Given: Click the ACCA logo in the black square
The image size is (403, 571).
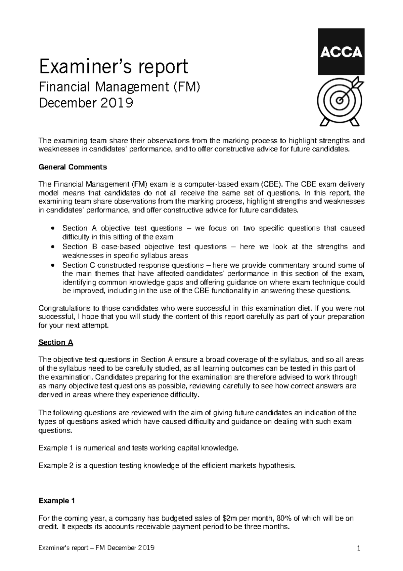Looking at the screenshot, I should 341,52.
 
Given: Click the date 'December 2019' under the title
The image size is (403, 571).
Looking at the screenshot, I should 86,103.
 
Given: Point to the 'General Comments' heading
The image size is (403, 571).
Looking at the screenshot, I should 73,167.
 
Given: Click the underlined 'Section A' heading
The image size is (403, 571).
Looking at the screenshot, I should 56,342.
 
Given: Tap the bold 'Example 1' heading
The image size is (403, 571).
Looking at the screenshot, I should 56,501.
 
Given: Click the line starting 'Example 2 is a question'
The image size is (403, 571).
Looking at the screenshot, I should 168,466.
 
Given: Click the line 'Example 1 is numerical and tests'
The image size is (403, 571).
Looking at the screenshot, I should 139,448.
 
